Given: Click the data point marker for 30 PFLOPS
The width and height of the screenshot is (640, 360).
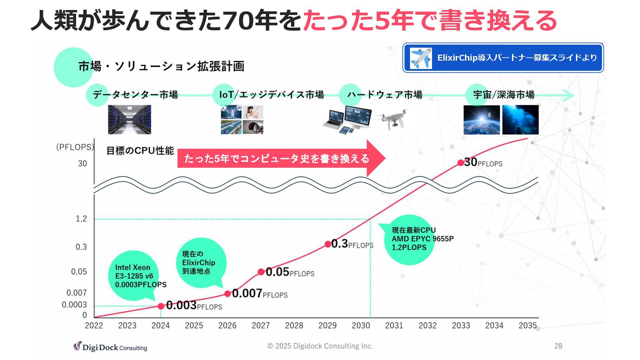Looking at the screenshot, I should tap(461, 163).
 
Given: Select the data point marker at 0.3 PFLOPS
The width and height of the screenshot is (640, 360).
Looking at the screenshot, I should tap(328, 244).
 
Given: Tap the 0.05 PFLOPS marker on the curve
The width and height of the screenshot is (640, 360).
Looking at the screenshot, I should tap(261, 272).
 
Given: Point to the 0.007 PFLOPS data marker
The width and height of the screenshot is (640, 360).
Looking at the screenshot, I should tap(228, 294).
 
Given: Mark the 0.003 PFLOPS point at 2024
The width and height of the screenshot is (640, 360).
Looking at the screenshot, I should tap(161, 306).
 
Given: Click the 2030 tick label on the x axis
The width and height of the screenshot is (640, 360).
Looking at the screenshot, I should tap(361, 325).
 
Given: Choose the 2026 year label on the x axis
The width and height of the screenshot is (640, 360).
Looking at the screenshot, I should tap(227, 325).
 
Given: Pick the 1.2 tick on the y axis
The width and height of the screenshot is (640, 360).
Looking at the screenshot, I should tap(81, 219).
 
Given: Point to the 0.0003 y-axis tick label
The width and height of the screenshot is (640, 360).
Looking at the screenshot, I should tap(74, 305).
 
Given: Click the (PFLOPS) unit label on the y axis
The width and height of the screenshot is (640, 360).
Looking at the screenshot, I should tap(75, 147).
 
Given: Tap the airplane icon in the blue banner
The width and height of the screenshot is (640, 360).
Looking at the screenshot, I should tap(421, 58).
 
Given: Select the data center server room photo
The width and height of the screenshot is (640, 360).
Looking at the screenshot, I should tap(129, 119).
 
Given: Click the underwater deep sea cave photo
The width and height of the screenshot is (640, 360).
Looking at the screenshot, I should tap(520, 120).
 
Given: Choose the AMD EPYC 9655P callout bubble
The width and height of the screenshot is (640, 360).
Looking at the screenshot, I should tap(410, 239).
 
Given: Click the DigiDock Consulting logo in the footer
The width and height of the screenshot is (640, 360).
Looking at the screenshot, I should tap(110, 347).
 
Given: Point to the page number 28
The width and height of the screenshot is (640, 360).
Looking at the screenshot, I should tap(558, 346).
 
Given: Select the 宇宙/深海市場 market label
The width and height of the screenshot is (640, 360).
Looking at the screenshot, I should tap(504, 95).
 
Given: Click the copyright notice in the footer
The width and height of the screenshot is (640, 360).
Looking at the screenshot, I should tap(320, 346).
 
